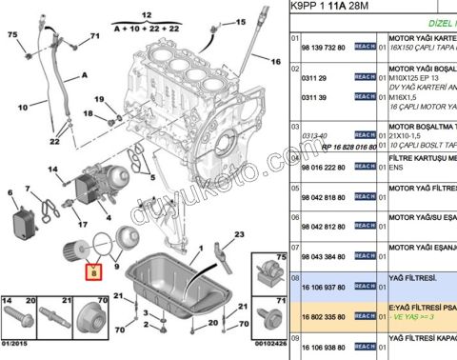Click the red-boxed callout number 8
93,273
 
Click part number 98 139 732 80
325,46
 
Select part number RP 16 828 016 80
330,149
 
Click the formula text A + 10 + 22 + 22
146,30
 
